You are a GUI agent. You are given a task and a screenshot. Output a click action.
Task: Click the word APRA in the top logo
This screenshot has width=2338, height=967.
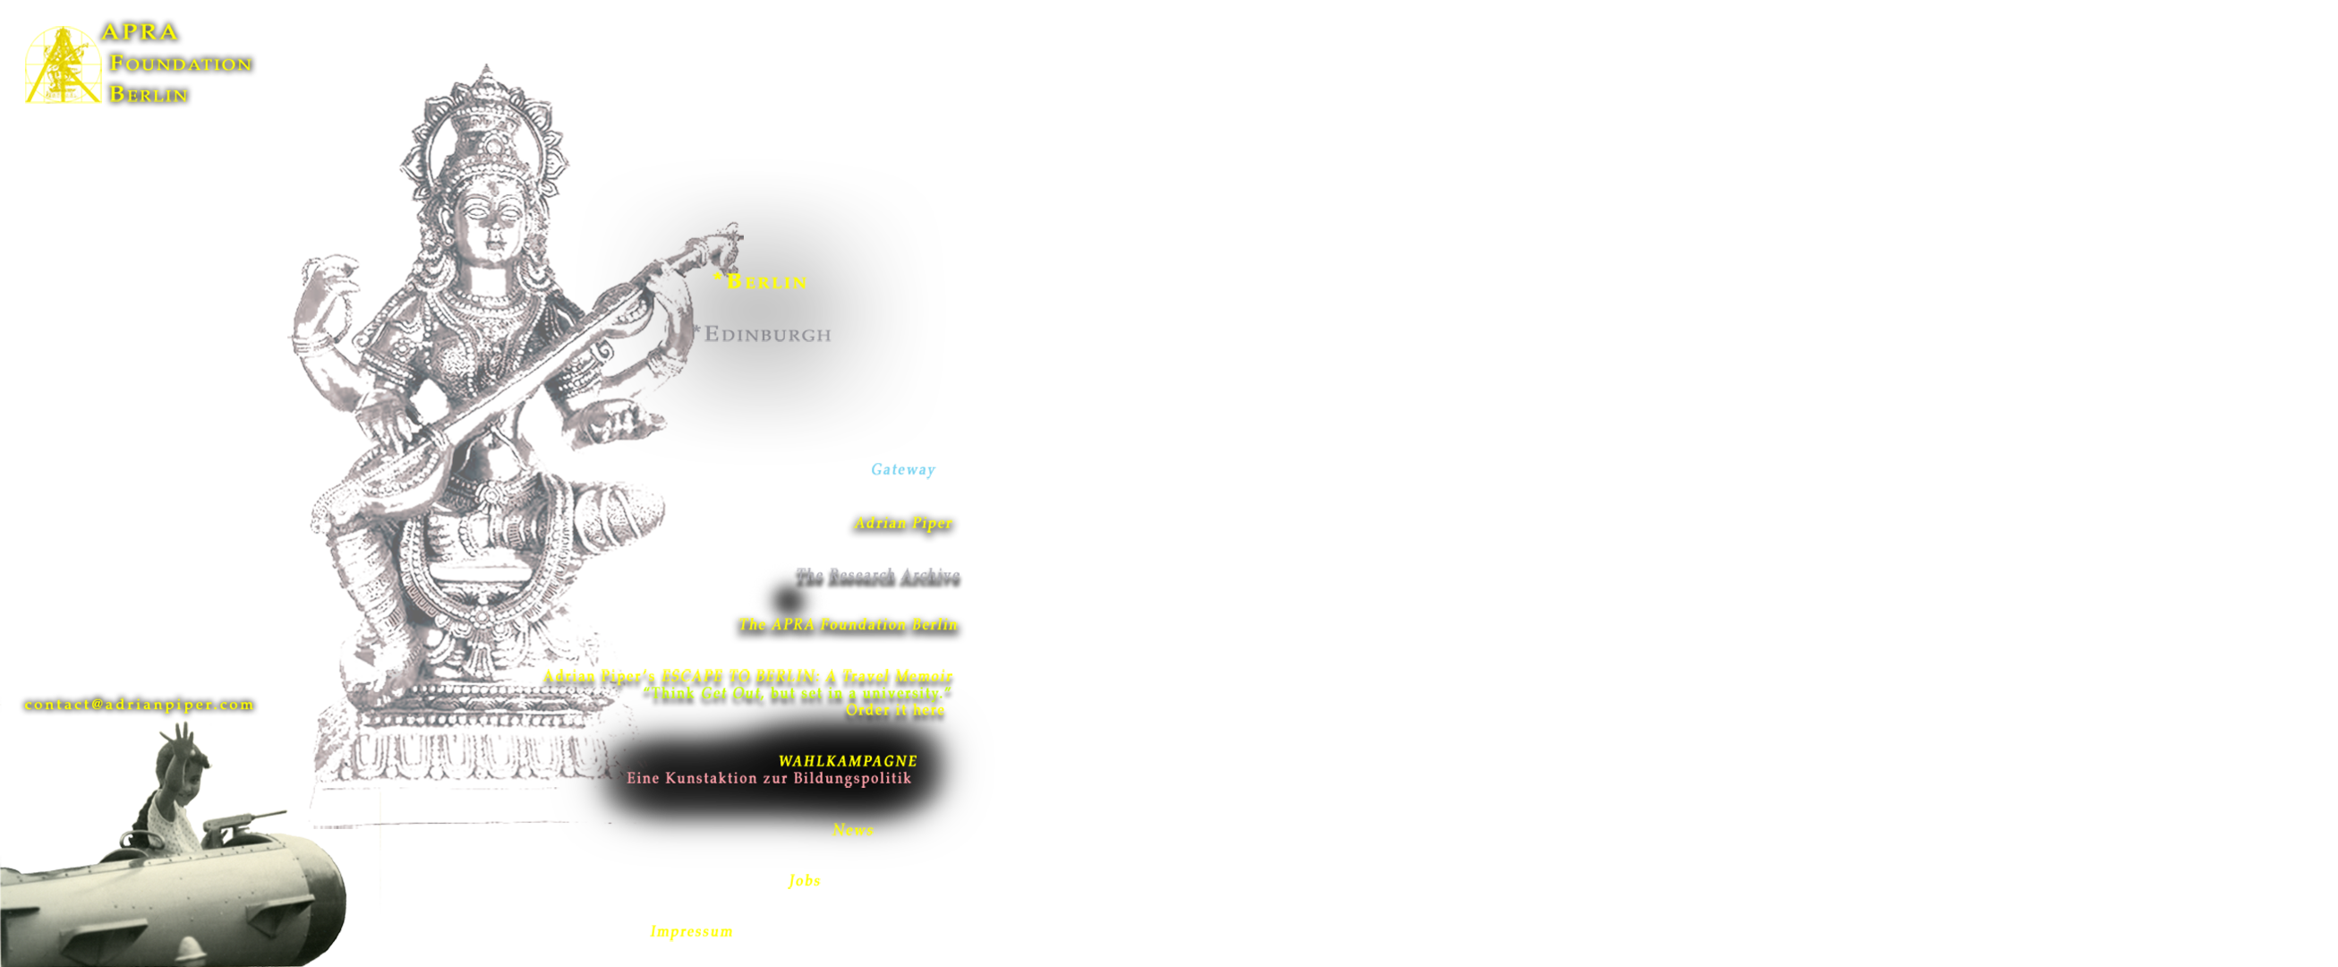[x=140, y=31]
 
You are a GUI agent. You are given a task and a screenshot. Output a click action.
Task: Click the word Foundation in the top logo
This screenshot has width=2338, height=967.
[x=181, y=64]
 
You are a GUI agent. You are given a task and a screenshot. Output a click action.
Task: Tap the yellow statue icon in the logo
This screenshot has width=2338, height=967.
[x=63, y=64]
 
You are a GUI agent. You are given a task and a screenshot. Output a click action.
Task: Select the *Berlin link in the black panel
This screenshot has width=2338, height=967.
[x=761, y=281]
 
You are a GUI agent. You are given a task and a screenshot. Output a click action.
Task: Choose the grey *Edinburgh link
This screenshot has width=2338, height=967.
[x=763, y=334]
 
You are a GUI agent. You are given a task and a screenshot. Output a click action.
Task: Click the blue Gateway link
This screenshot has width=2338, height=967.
[x=902, y=469]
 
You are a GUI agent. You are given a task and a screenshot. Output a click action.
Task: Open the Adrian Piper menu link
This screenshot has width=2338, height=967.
[x=902, y=523]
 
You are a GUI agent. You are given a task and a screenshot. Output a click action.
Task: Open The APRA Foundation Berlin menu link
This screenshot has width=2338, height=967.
[x=847, y=625]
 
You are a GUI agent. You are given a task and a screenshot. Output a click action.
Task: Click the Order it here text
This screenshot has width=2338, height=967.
[x=894, y=710]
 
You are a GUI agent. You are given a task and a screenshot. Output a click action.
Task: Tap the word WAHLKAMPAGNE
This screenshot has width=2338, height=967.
[x=847, y=761]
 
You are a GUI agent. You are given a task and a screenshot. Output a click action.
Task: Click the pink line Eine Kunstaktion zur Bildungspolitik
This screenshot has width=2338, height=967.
[x=768, y=778]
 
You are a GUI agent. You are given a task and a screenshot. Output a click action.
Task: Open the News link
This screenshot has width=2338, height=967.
[x=852, y=830]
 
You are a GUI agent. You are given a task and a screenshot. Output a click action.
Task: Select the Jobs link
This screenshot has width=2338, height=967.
[x=804, y=881]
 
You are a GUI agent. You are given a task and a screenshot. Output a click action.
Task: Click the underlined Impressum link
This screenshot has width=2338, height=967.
[x=691, y=932]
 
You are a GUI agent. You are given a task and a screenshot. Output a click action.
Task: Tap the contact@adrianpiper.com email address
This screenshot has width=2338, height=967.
[x=139, y=705]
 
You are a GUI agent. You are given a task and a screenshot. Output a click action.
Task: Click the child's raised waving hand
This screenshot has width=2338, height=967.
[x=184, y=735]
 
